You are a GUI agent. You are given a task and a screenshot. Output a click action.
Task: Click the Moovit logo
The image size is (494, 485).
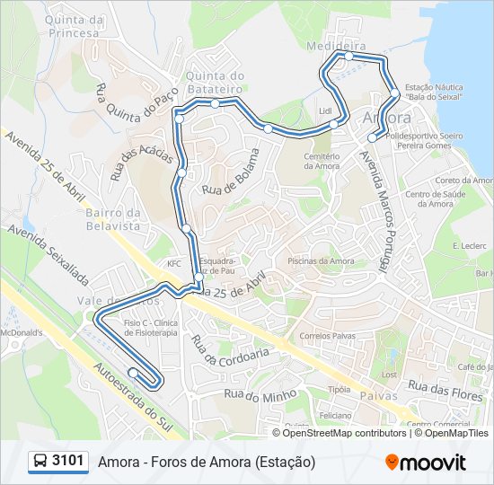[x=426, y=462]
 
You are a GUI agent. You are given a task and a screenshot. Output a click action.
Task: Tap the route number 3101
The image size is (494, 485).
[x=68, y=461]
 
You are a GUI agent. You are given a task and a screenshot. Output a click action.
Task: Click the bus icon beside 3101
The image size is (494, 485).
[x=40, y=462]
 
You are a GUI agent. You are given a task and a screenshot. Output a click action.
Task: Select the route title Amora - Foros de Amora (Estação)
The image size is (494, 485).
[x=207, y=462]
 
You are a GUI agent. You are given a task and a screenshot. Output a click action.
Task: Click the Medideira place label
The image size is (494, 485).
[x=335, y=45]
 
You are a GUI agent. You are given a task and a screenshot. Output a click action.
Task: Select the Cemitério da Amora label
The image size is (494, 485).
[x=322, y=161]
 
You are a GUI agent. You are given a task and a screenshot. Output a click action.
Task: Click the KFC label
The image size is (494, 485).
[x=173, y=263]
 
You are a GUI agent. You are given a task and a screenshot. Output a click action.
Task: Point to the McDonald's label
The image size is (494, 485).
[x=22, y=331]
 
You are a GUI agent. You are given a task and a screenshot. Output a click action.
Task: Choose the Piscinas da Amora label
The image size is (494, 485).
[x=321, y=261]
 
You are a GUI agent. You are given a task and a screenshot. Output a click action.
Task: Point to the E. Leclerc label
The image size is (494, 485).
[x=469, y=245]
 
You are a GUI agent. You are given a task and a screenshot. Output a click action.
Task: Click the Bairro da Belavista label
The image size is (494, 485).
[x=112, y=219]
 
